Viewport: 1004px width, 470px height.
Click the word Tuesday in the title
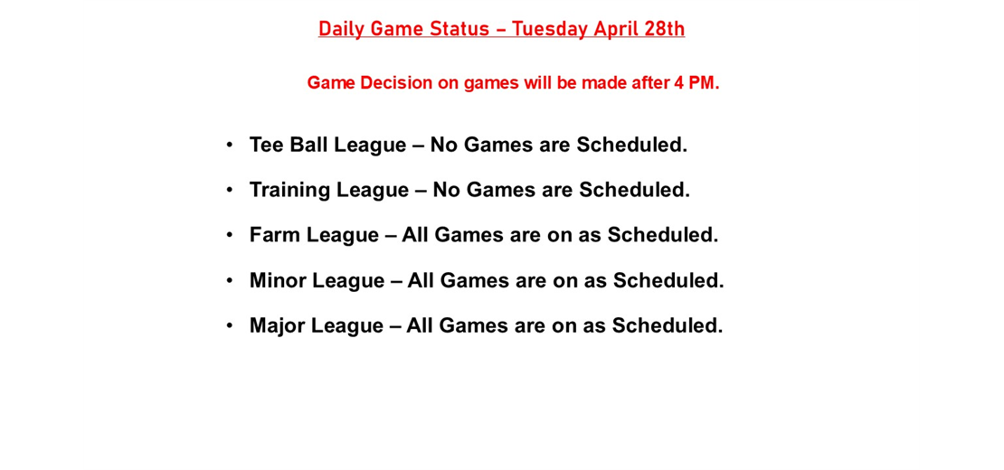(550, 29)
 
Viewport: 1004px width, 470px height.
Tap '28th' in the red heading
(663, 29)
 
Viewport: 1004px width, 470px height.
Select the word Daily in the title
(340, 29)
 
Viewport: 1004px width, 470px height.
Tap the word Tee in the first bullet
(267, 145)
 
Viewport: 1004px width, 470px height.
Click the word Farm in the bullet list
(275, 235)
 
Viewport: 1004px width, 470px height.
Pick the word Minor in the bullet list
(278, 280)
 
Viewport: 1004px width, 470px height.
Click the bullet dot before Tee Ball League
(230, 145)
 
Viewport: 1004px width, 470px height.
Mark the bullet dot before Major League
(230, 324)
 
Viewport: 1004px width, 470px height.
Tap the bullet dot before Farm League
(230, 235)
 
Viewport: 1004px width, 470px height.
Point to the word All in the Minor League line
(422, 280)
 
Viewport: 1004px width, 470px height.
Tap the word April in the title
(616, 29)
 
